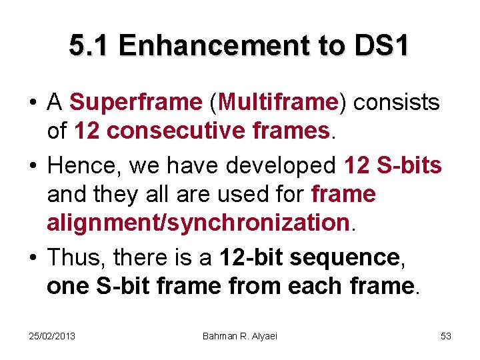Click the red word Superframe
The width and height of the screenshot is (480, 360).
pos(135,103)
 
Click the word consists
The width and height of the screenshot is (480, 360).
pos(397,103)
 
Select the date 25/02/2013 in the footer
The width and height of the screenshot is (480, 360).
pos(52,336)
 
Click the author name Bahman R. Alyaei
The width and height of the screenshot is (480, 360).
pos(240,336)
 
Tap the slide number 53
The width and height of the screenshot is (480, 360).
pos(446,336)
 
